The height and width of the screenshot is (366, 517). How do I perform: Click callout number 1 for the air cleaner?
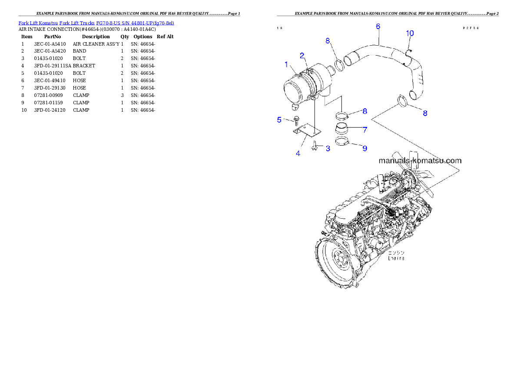tap(286, 65)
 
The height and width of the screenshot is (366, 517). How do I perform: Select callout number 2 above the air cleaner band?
tap(302, 55)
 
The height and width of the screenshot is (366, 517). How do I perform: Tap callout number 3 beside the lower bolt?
tap(328, 148)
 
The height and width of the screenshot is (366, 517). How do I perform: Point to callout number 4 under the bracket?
tap(298, 153)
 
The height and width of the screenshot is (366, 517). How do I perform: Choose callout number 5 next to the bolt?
tap(280, 120)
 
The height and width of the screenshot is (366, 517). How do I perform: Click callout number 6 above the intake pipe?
tap(378, 27)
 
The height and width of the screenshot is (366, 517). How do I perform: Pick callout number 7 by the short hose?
tap(365, 130)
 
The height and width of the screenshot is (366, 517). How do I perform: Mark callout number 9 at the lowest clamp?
tap(365, 148)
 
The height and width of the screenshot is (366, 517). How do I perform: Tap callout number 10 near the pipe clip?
tap(410, 33)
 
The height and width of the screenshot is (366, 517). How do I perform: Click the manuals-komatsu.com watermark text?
tap(420, 160)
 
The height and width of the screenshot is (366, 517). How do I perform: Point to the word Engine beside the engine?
tap(396, 258)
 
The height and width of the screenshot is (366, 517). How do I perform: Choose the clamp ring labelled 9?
tap(344, 141)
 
